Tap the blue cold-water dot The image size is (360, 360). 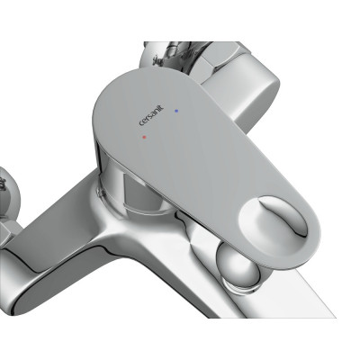tap(176, 111)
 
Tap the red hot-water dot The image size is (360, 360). tap(144, 137)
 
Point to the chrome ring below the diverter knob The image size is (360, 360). tap(240, 285)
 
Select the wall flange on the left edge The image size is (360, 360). tap(8, 192)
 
